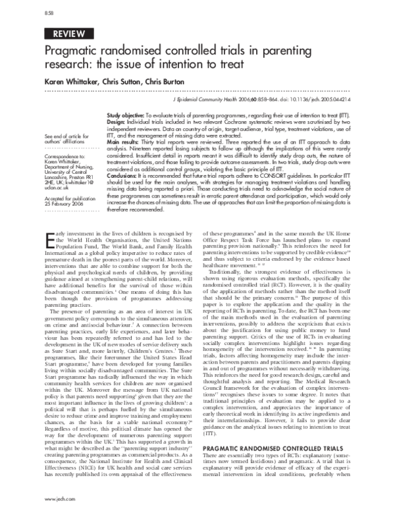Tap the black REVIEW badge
pyautogui.click(x=68, y=34)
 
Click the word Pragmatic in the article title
pyautogui.click(x=73, y=51)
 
